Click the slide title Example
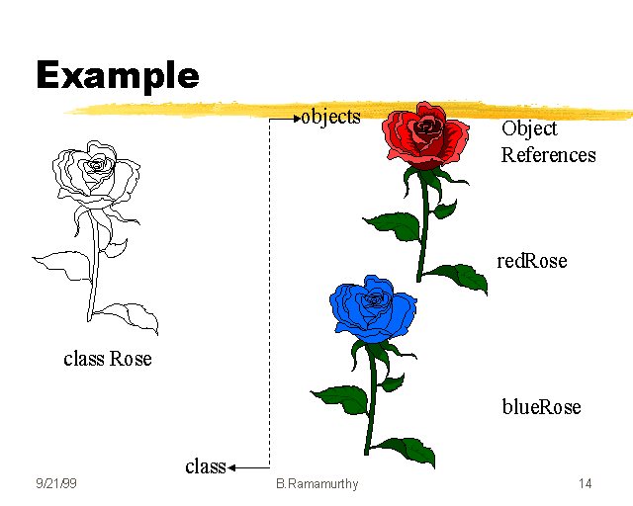click(x=118, y=75)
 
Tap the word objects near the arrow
click(x=331, y=117)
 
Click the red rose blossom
click(x=425, y=135)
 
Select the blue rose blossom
click(x=375, y=308)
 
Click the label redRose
click(x=532, y=261)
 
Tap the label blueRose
click(x=541, y=407)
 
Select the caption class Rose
click(x=108, y=359)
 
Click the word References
click(x=548, y=155)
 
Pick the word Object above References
click(x=529, y=128)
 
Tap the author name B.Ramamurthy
click(x=316, y=484)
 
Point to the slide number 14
click(x=586, y=484)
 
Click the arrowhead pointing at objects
click(x=297, y=120)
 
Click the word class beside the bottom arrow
click(x=206, y=466)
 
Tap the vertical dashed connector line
click(x=269, y=296)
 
